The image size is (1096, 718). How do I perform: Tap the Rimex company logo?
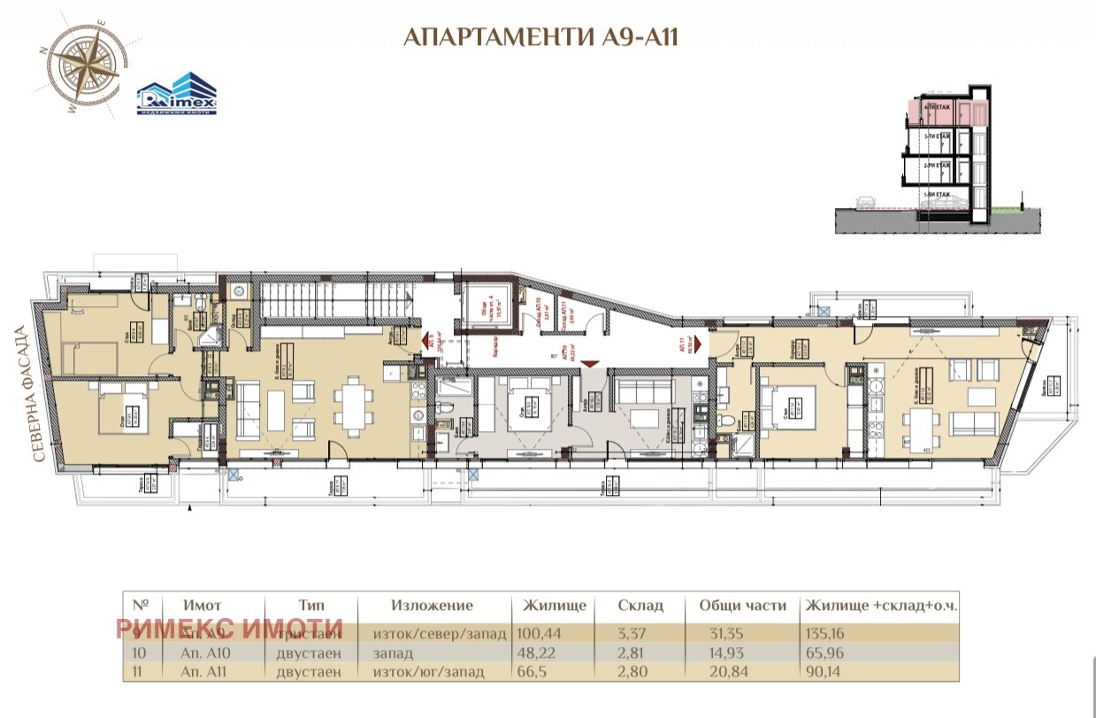(176, 94)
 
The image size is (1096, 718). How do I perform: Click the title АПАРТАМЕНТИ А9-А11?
(540, 37)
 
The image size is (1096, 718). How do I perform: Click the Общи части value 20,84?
(727, 672)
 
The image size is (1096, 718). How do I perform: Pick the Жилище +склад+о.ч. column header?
(881, 606)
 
